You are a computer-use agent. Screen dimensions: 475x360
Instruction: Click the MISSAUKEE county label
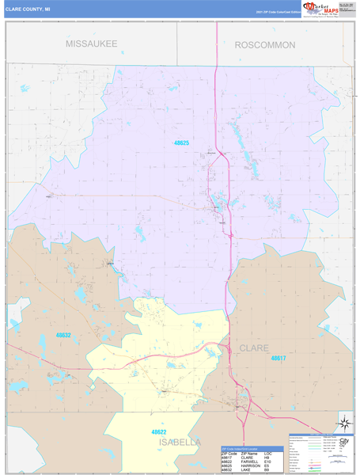(x=91, y=44)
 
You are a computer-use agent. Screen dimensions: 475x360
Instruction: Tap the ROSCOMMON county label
(x=264, y=45)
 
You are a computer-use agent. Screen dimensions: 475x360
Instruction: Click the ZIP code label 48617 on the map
(x=279, y=358)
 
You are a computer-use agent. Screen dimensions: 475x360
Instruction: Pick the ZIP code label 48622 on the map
(x=159, y=431)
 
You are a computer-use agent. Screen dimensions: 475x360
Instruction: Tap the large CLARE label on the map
(x=254, y=348)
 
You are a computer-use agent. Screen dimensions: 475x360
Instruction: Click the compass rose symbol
(x=345, y=421)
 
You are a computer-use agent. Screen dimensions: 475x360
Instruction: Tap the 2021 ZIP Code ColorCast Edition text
(x=276, y=13)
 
